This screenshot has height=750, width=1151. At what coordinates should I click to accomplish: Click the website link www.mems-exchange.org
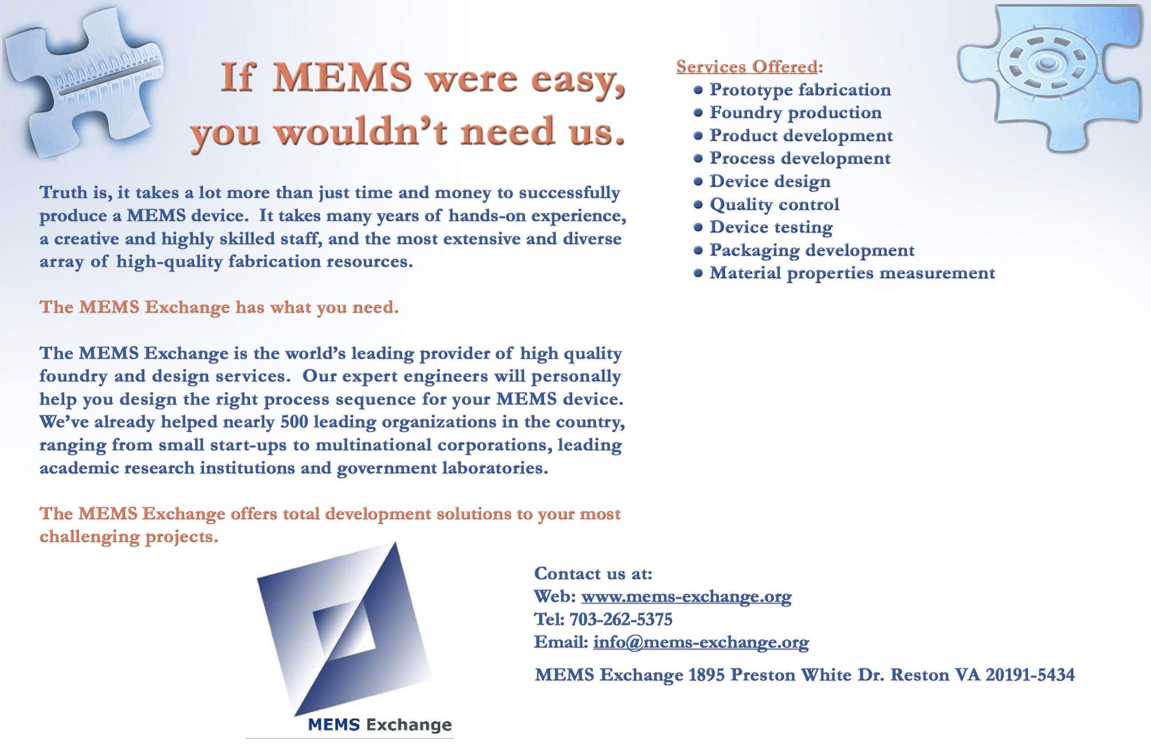tap(686, 597)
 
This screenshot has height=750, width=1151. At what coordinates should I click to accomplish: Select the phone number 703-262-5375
tap(621, 619)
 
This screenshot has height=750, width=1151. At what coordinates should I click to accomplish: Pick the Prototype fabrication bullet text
tap(800, 90)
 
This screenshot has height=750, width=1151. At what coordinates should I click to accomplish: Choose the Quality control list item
tap(774, 204)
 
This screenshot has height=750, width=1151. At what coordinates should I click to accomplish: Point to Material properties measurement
tap(852, 273)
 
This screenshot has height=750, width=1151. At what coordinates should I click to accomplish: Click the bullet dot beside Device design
tap(697, 182)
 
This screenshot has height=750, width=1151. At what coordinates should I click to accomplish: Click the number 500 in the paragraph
tap(294, 422)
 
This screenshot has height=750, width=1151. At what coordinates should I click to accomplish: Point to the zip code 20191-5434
tap(1030, 674)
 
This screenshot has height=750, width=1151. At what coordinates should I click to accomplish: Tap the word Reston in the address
tap(919, 674)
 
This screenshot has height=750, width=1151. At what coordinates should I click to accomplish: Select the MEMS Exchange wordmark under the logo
tap(380, 725)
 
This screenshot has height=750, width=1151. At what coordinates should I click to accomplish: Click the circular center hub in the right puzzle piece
tap(1047, 63)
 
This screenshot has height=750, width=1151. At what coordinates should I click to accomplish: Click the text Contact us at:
tap(593, 574)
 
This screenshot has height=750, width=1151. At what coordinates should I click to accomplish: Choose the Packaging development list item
tap(812, 250)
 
